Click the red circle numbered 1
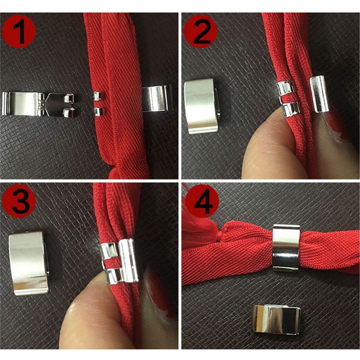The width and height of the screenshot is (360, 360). pos(19,30)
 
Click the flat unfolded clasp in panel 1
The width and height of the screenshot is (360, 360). pos(38,104)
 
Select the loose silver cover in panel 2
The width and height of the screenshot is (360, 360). pos(202,106)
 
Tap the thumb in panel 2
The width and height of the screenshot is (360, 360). pos(265,148)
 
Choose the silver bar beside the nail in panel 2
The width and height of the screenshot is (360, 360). pos(320,94)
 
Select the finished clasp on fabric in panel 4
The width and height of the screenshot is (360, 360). pos(286,247)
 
